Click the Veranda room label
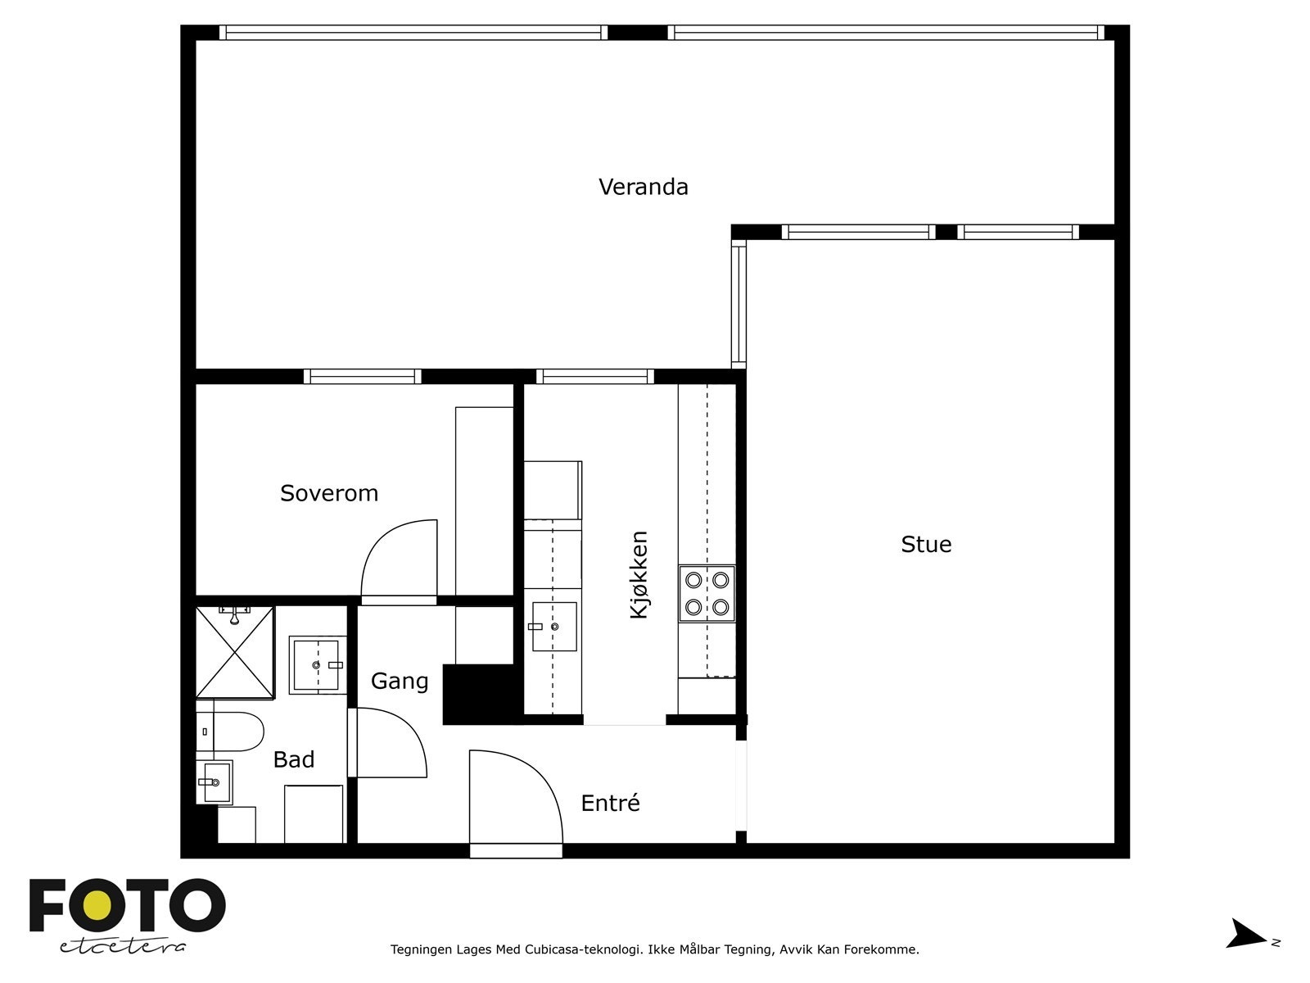coord(643,187)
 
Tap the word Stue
coord(926,545)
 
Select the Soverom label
coord(329,493)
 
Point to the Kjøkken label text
coord(639,574)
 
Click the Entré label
coord(610,804)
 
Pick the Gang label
coord(400,681)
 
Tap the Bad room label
coord(293,759)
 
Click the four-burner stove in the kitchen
coord(707,593)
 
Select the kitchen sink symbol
coord(554,627)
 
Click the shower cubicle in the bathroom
coord(235,653)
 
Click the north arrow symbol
coord(1247,934)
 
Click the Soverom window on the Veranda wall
coord(363,377)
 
